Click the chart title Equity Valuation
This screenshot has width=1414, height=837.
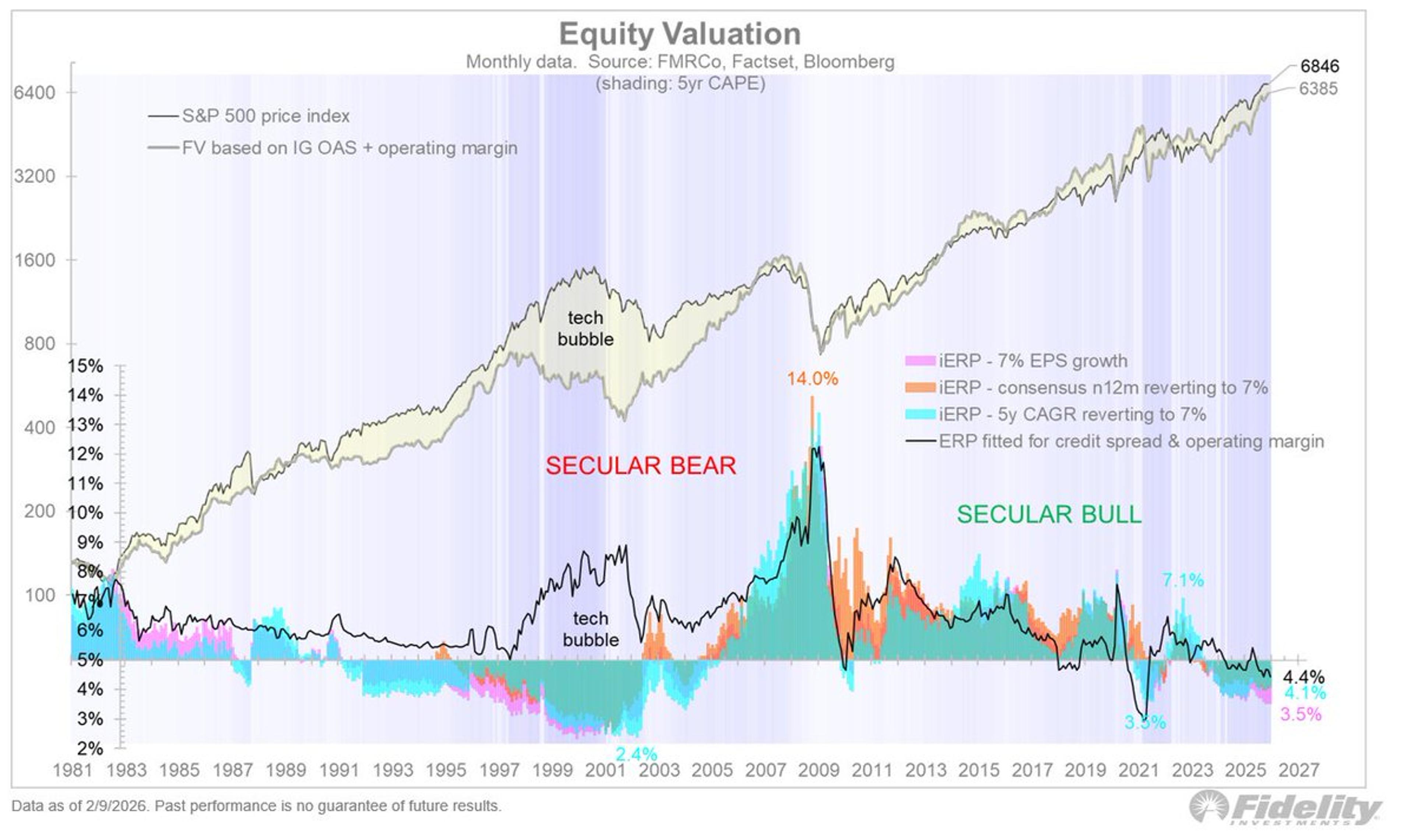[x=680, y=34]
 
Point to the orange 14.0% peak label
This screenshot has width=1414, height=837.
[x=812, y=379]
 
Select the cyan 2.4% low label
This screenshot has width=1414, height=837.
[x=636, y=753]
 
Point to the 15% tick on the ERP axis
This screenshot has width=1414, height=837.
[x=86, y=366]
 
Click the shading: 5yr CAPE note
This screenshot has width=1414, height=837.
[x=680, y=84]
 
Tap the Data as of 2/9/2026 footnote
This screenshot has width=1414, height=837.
[x=256, y=805]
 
